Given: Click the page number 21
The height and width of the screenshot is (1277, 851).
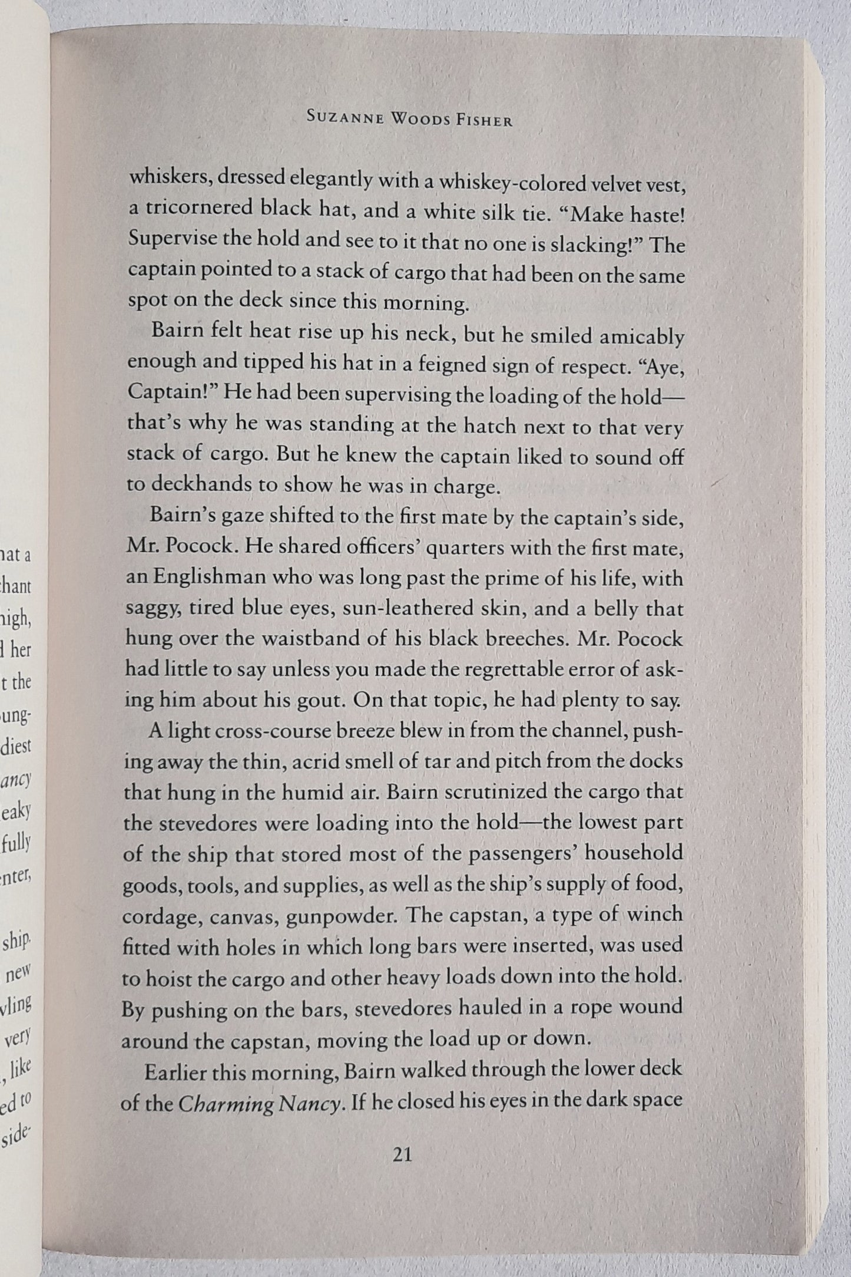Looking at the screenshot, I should [x=402, y=1155].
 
